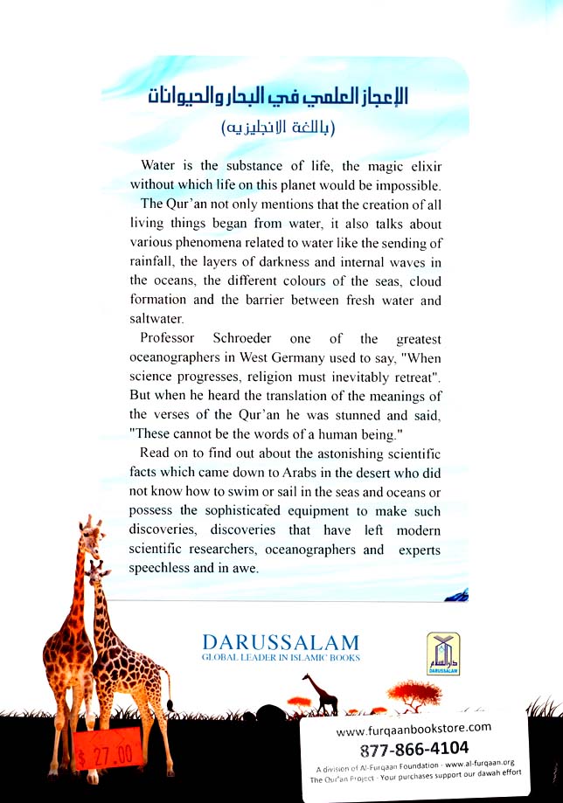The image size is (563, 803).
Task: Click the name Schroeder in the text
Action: (220, 338)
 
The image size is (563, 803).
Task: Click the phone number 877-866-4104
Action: (414, 748)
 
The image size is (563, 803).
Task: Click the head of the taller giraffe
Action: (90, 528)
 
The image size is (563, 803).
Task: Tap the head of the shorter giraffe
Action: (98, 570)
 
